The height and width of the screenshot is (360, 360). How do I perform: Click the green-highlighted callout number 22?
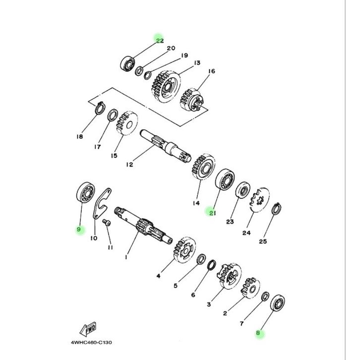click(x=160, y=41)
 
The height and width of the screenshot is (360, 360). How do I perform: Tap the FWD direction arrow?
click(x=88, y=329)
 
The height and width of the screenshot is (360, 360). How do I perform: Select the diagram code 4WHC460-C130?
click(x=91, y=343)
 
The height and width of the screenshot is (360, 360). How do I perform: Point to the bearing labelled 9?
click(x=85, y=192)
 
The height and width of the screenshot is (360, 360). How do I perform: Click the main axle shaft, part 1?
click(x=143, y=225)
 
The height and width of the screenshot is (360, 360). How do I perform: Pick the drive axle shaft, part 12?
click(x=165, y=146)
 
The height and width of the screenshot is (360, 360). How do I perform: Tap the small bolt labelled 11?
click(x=107, y=223)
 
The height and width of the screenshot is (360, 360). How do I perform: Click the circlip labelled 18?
click(x=100, y=108)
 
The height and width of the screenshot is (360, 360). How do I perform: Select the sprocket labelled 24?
click(x=259, y=200)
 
